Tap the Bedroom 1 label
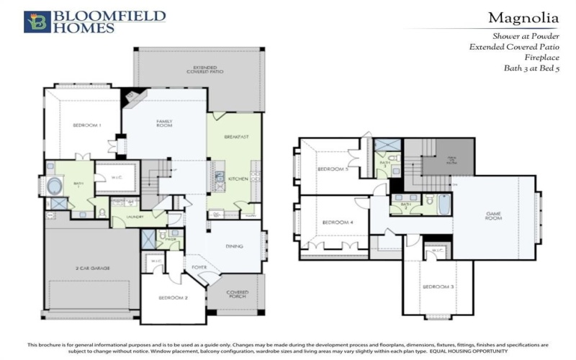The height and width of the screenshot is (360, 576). [87, 126]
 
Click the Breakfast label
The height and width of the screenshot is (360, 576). [236, 136]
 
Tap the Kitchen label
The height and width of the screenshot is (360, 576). [238, 178]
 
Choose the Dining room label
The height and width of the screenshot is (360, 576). [234, 247]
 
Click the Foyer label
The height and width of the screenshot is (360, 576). [199, 268]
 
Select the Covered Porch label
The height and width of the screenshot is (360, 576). [238, 294]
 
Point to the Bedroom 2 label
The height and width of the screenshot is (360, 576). [174, 297]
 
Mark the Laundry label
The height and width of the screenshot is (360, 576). [136, 216]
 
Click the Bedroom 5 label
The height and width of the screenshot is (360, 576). [333, 170]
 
